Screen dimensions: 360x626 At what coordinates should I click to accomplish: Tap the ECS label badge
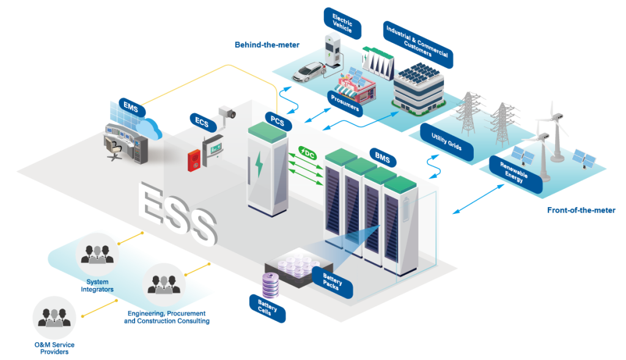click(x=202, y=122)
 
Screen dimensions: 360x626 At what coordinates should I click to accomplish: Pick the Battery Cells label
click(x=267, y=308)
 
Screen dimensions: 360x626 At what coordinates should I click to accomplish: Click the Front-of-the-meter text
click(x=581, y=210)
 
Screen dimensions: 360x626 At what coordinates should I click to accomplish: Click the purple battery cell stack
click(x=270, y=285)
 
